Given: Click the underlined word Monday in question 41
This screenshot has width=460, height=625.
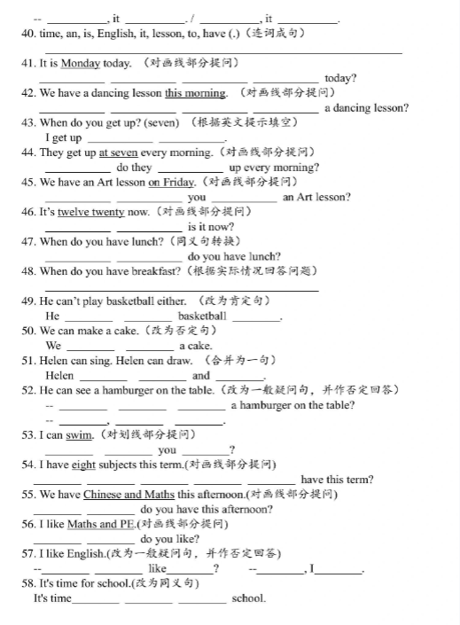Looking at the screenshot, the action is click(81, 63).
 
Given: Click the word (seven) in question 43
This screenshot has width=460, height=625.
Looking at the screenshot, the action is click(160, 122).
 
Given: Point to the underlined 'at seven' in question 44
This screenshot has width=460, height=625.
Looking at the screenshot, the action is click(118, 152).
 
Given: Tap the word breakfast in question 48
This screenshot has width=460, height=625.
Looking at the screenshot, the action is click(154, 270).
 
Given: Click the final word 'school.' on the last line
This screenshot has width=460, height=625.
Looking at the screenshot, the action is click(249, 598).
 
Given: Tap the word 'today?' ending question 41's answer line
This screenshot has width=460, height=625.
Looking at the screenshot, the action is click(340, 78).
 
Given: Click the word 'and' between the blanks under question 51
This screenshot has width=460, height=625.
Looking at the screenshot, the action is click(201, 375).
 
